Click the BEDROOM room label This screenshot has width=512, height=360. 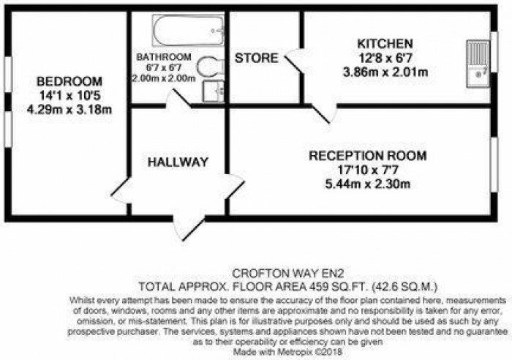[69, 81]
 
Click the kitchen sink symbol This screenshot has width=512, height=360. [479, 59]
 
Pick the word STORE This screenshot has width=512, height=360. [255, 58]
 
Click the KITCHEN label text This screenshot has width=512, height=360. [385, 44]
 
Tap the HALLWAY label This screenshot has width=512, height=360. [177, 162]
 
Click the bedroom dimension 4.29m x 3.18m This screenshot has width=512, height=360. [69, 110]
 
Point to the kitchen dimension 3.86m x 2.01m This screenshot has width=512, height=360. [385, 72]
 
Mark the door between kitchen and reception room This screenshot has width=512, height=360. [323, 111]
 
